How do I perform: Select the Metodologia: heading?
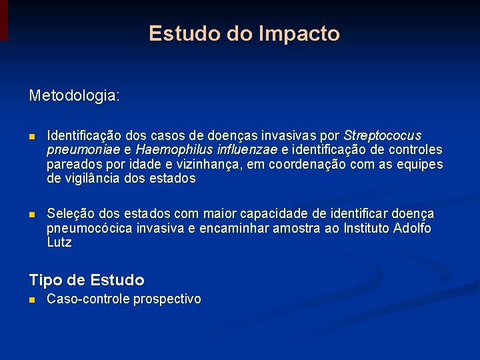(75, 96)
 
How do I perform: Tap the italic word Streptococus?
(382, 135)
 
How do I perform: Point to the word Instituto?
(365, 229)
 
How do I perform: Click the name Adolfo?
(413, 229)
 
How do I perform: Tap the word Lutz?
(59, 243)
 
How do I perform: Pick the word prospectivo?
(167, 299)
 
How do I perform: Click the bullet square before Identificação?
(32, 137)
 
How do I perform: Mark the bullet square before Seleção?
(32, 215)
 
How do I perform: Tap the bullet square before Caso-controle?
(32, 300)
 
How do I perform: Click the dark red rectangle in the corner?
(4, 19)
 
